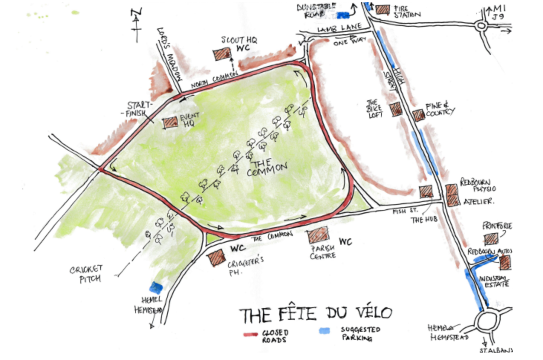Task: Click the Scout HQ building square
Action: pyautogui.click(x=222, y=55)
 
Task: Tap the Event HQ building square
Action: pyautogui.click(x=170, y=122)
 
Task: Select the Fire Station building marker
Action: pyautogui.click(x=383, y=9)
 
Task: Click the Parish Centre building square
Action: pyautogui.click(x=318, y=235)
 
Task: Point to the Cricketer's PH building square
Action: pyautogui.click(x=216, y=258)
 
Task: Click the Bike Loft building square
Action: pyautogui.click(x=396, y=109)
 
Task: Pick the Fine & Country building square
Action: pyautogui.click(x=419, y=115)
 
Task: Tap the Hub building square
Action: pyautogui.click(x=426, y=192)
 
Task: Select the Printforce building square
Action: pyautogui.click(x=491, y=239)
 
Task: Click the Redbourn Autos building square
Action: pyautogui.click(x=505, y=263)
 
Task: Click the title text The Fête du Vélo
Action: pyautogui.click(x=315, y=314)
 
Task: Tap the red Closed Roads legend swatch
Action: pyautogui.click(x=250, y=334)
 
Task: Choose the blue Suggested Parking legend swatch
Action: pyautogui.click(x=324, y=330)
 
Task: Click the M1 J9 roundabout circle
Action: pyautogui.click(x=481, y=26)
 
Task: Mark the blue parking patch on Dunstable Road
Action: pyautogui.click(x=343, y=15)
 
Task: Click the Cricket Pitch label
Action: pyautogui.click(x=86, y=274)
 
